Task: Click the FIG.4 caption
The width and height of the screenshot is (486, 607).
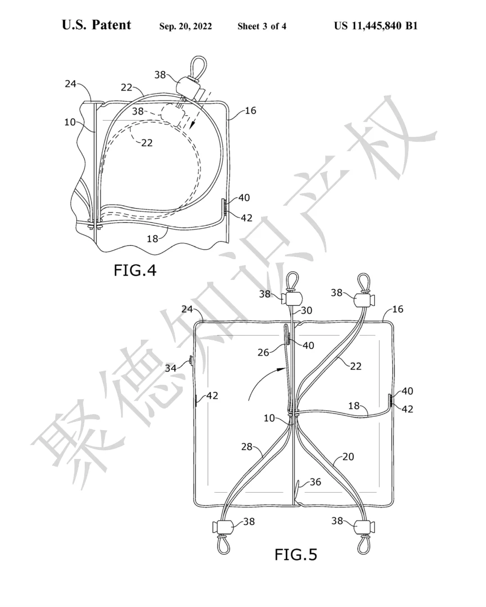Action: tap(135, 270)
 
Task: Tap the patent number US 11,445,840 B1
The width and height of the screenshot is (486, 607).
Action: tap(375, 26)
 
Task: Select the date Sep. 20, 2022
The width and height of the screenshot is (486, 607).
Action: tap(185, 26)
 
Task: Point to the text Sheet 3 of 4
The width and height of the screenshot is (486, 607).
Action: tap(262, 26)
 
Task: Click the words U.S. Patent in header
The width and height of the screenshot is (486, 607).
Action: tap(96, 25)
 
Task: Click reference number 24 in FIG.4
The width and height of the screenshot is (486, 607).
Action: tap(71, 84)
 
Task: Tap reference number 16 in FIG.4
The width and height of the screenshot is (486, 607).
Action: tap(251, 111)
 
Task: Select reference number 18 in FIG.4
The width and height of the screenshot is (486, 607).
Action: tap(152, 239)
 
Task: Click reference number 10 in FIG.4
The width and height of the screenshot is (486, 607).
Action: tap(70, 122)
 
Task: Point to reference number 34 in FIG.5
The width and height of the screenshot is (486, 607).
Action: tap(171, 368)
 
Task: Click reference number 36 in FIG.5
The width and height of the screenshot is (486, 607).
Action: tap(315, 482)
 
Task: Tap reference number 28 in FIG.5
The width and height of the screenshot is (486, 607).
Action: tap(247, 447)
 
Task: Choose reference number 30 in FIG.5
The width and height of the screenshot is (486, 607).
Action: tap(306, 310)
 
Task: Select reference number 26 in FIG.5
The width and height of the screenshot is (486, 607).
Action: tap(263, 352)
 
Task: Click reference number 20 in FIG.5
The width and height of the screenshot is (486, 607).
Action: tap(348, 457)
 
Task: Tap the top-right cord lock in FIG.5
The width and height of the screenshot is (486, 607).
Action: tap(364, 300)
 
